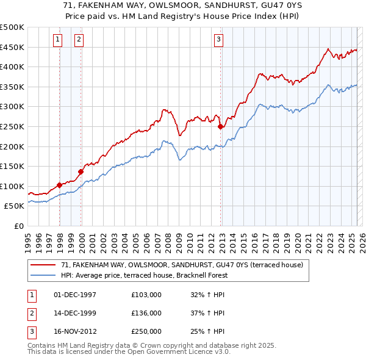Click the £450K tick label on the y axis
coord(12,47)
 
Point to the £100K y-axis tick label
coord(12,186)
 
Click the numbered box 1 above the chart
coord(57,40)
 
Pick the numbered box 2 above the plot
coord(79,40)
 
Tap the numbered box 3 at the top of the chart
coord(218,40)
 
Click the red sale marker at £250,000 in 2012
coord(220,127)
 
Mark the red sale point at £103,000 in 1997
coord(59,185)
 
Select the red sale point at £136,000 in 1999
coord(81,172)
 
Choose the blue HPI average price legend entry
coord(143,275)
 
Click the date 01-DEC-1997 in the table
coord(75,295)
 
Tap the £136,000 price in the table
coord(146,313)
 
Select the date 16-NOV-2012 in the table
coord(75,331)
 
